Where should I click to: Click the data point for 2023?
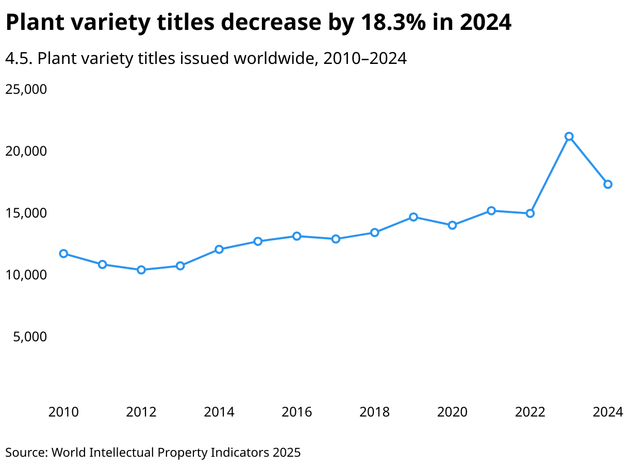point(569,137)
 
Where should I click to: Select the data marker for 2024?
point(608,185)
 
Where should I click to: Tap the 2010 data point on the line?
point(63,254)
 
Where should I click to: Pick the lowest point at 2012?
point(141,270)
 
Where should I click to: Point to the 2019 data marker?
point(413,217)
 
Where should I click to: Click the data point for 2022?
point(530,213)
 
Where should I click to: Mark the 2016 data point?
point(297,236)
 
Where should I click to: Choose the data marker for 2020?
point(452,225)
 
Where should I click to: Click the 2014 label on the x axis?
point(219,412)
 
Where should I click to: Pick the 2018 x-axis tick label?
point(375,412)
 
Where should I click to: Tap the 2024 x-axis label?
point(608,412)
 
